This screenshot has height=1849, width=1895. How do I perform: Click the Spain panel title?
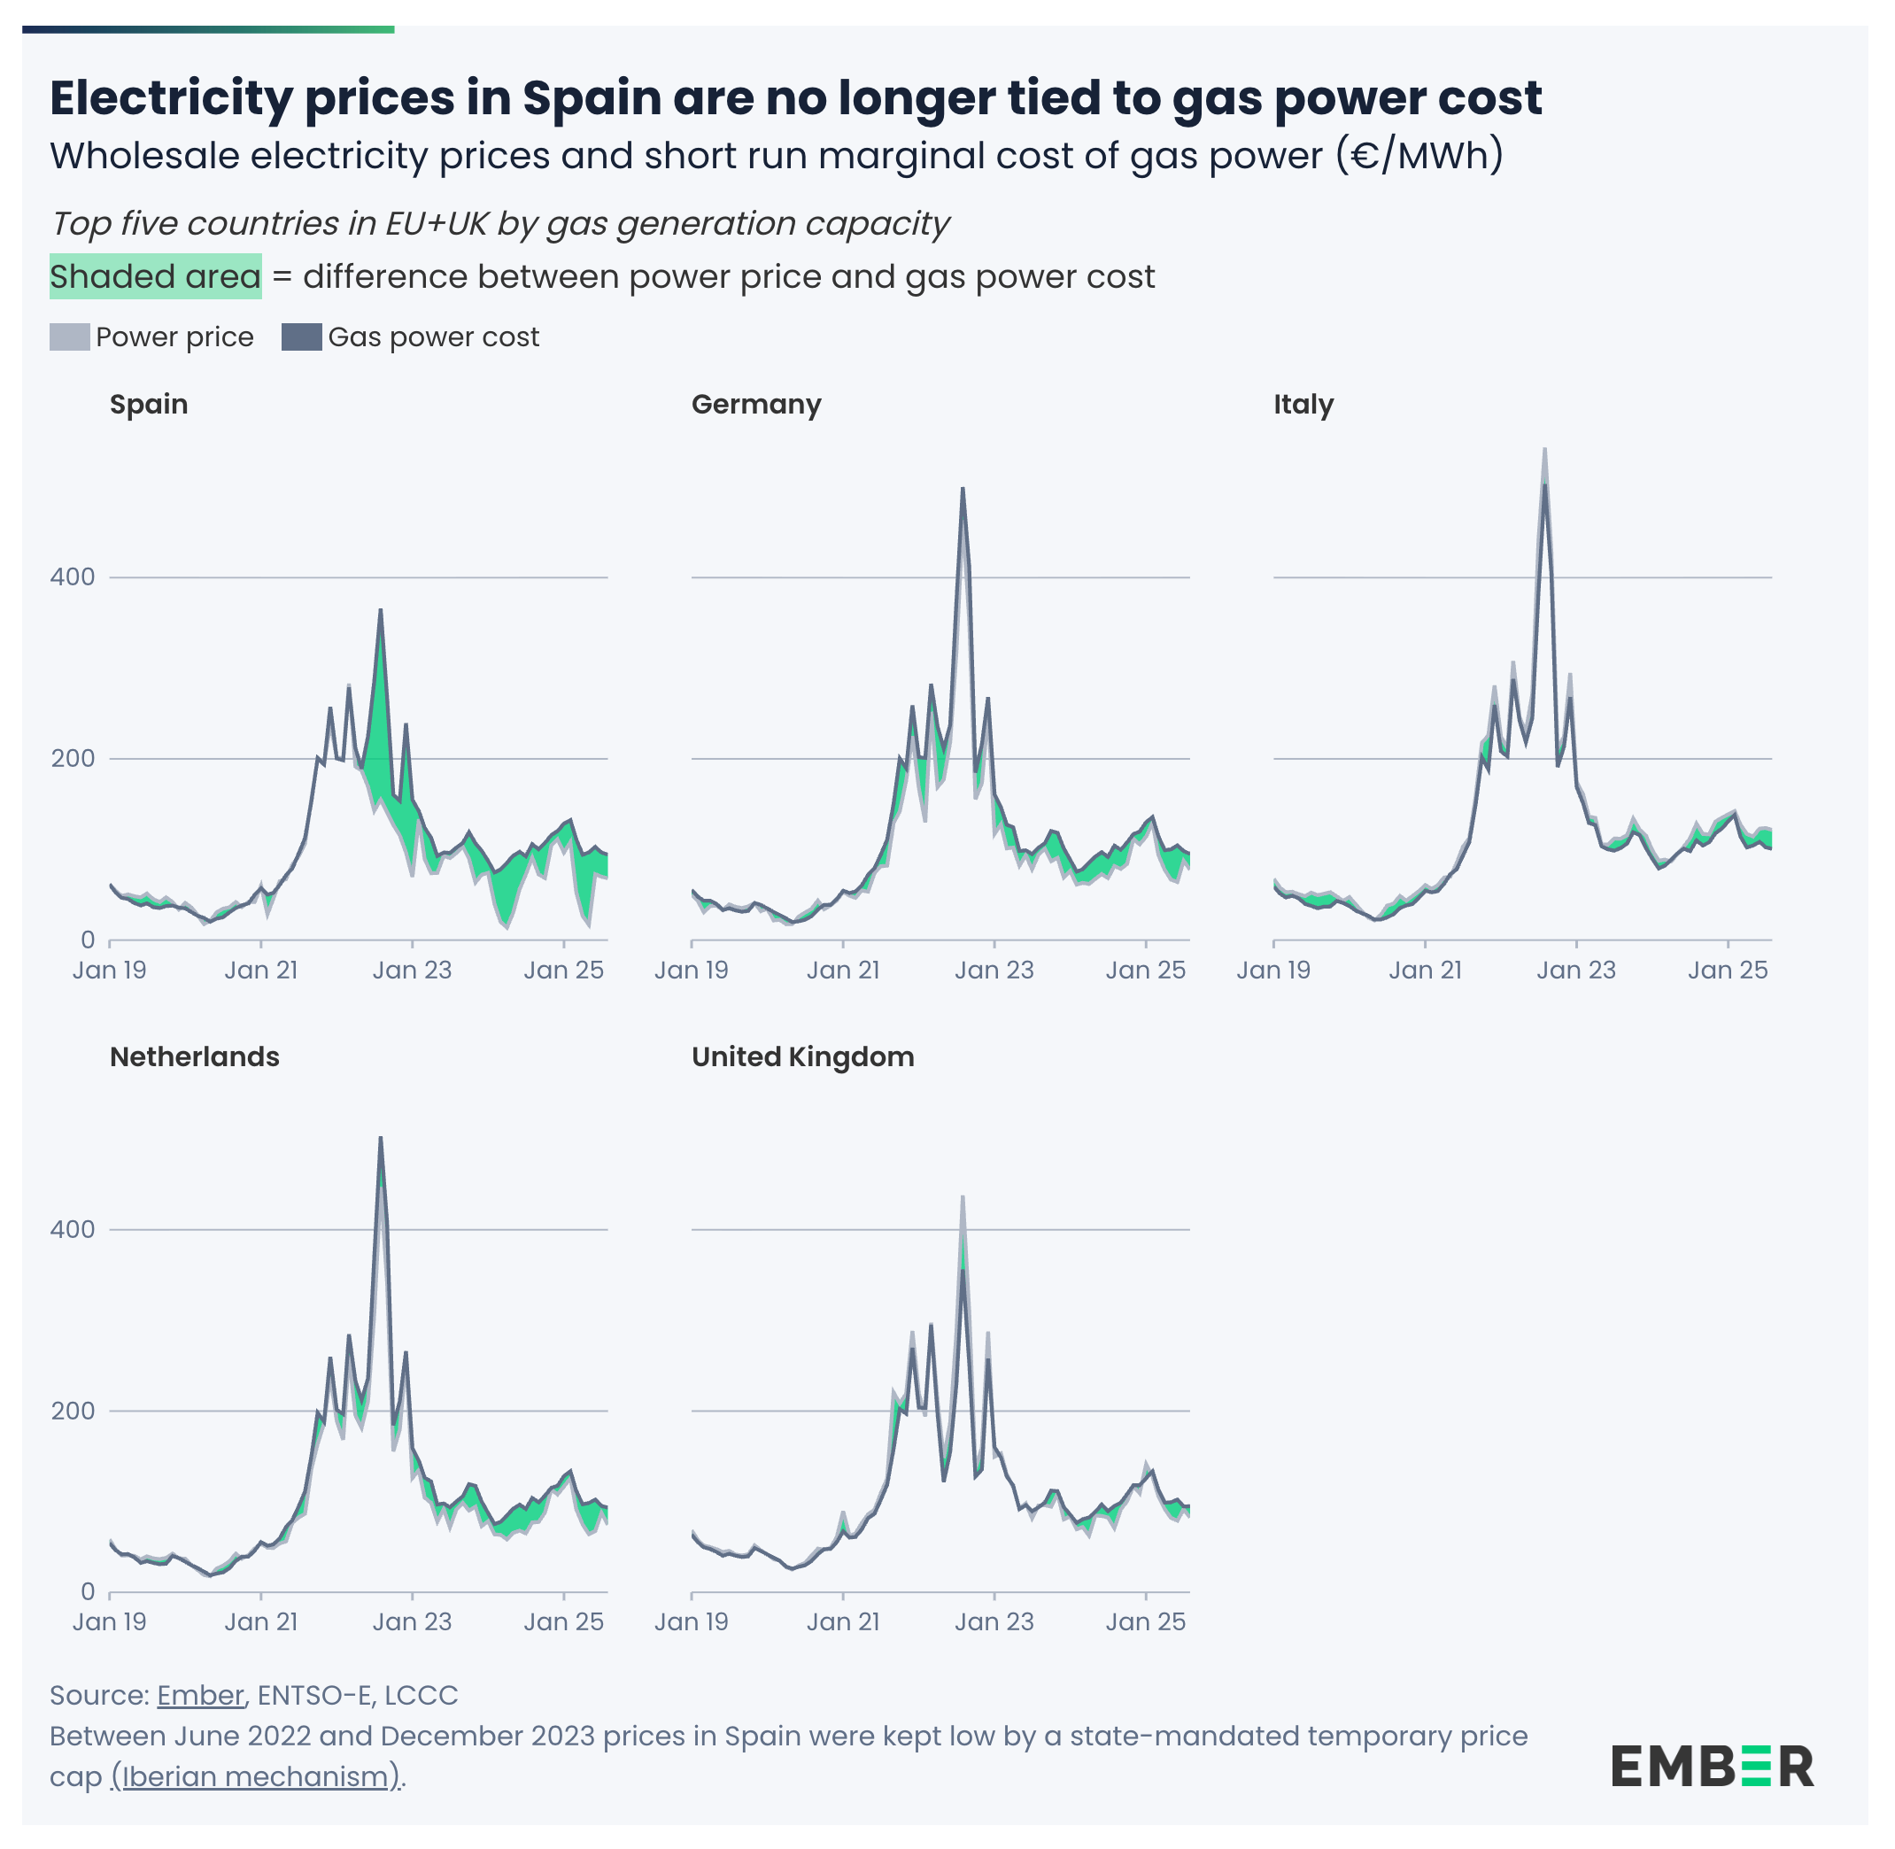(149, 404)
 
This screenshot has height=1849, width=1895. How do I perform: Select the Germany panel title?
(755, 404)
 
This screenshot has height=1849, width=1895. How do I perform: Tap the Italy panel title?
(1303, 404)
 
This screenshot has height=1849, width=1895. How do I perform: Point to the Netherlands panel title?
(194, 1056)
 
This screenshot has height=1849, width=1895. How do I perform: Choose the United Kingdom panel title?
(802, 1056)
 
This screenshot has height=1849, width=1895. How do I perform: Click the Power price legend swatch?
(69, 337)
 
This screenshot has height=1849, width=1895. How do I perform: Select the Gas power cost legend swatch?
(301, 337)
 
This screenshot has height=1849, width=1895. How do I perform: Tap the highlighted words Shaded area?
(155, 277)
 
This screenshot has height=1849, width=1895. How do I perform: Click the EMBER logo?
(1712, 1767)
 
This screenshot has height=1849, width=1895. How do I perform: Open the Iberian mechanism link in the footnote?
(255, 1776)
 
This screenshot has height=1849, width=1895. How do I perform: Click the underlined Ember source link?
(200, 1695)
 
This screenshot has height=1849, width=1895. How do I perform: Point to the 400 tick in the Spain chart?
(73, 576)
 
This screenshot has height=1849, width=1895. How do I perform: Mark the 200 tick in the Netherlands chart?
(73, 1410)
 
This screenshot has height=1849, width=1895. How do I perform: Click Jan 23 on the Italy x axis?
(1575, 971)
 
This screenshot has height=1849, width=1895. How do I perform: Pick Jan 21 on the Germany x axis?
(843, 971)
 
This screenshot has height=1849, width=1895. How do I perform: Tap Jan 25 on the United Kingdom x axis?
(1145, 1621)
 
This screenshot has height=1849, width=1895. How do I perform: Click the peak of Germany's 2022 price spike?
(963, 490)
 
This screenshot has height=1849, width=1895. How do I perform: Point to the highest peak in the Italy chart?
(1544, 451)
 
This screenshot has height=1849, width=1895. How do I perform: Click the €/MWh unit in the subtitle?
(1419, 155)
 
